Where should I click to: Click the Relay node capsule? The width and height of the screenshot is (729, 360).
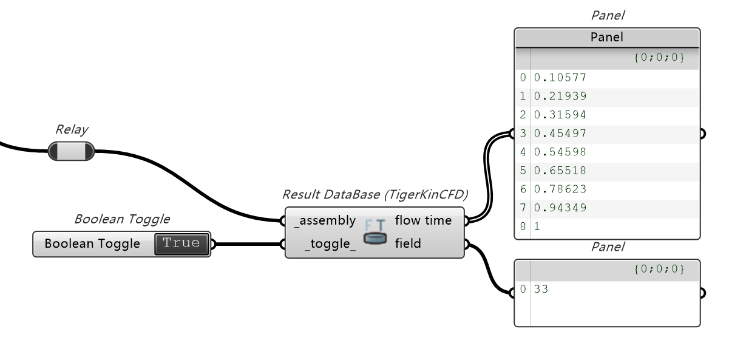[72, 151]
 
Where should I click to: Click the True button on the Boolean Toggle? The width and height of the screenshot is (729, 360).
[181, 244]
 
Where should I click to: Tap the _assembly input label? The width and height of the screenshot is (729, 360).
[325, 220]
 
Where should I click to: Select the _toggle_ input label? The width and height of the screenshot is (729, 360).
[330, 244]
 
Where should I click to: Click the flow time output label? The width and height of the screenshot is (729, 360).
[423, 220]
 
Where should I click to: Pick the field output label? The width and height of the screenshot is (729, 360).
[408, 244]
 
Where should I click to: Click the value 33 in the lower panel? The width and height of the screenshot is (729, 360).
[541, 290]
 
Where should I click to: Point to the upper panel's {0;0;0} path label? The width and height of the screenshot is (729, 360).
[659, 58]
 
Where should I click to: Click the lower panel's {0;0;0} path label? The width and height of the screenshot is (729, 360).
[659, 269]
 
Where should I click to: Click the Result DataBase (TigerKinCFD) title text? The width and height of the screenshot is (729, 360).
[375, 195]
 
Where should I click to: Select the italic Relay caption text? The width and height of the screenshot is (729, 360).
[72, 129]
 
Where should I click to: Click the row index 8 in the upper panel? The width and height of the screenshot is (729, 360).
[523, 226]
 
